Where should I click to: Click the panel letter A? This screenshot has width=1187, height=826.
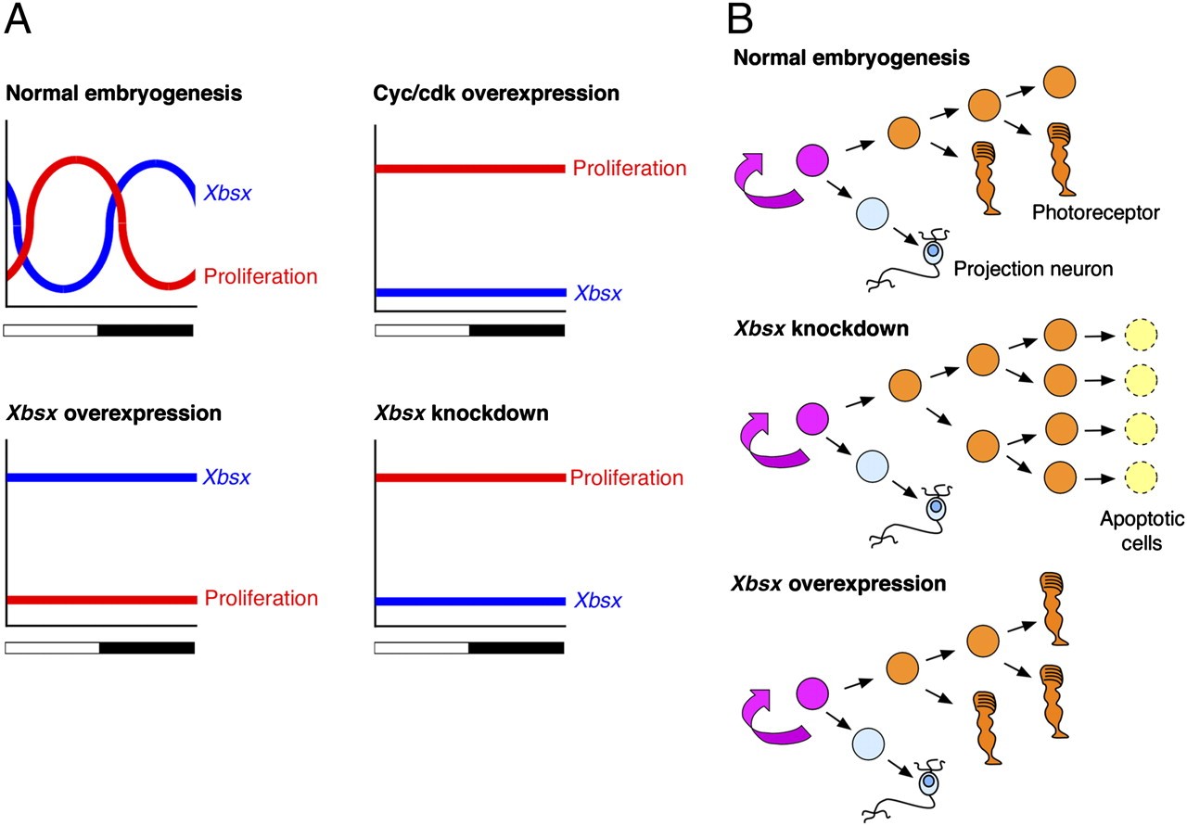click(19, 20)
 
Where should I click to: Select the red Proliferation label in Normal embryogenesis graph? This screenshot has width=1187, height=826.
click(261, 276)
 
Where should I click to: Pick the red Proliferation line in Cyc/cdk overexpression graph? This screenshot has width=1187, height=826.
click(468, 169)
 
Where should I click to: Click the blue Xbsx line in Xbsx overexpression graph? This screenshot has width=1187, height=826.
click(102, 477)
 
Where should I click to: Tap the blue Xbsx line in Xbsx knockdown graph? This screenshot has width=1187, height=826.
click(468, 601)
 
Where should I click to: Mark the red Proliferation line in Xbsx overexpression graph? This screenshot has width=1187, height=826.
click(102, 599)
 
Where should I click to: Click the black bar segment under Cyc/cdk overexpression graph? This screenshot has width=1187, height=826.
click(517, 331)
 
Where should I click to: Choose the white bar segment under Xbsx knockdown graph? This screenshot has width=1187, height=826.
click(421, 647)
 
